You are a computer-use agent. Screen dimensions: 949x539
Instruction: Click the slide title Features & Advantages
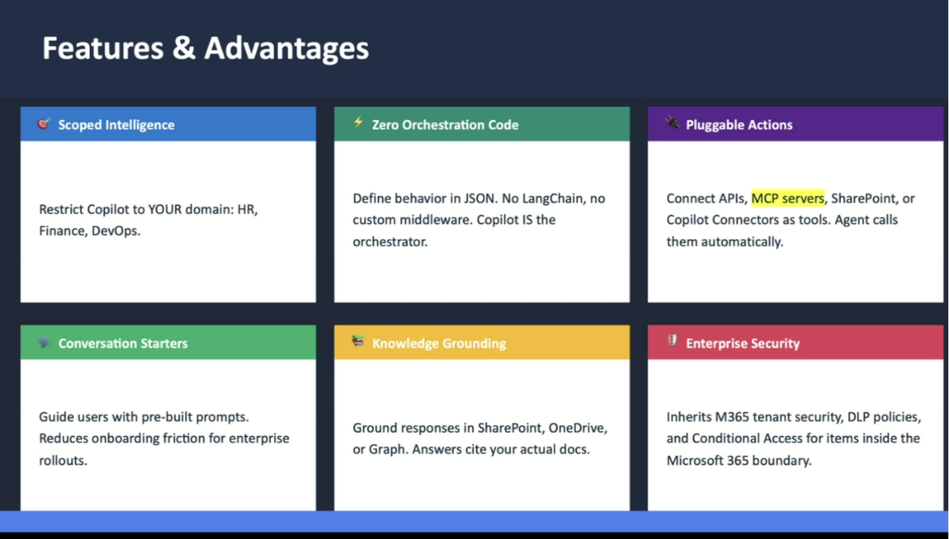point(205,48)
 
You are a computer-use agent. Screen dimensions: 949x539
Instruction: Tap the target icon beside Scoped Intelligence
point(44,123)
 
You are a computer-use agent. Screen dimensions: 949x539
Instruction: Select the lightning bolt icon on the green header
point(359,123)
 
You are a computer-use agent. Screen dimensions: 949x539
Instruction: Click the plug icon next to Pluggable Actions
point(672,123)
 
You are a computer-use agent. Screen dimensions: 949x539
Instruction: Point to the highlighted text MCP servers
point(788,198)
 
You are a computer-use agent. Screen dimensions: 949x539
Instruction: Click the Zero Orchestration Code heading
point(445,125)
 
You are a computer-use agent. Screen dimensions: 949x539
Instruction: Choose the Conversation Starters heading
point(123,343)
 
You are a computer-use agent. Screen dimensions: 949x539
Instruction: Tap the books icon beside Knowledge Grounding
point(358,342)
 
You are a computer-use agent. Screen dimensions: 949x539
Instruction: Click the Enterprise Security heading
point(742,343)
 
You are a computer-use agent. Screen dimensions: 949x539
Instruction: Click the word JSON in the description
point(479,198)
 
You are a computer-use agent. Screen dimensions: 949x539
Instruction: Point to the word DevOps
point(116,232)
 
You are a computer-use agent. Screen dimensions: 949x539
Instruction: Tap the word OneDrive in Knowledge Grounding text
point(577,428)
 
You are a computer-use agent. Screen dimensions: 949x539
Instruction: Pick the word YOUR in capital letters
point(165,209)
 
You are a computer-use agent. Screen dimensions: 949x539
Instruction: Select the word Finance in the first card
point(63,232)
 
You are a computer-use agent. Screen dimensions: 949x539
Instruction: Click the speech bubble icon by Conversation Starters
point(44,343)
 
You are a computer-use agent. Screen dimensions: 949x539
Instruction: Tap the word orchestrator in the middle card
point(390,242)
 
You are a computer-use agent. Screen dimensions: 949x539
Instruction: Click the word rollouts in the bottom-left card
point(63,460)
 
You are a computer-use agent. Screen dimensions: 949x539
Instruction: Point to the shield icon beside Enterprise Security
point(672,341)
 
